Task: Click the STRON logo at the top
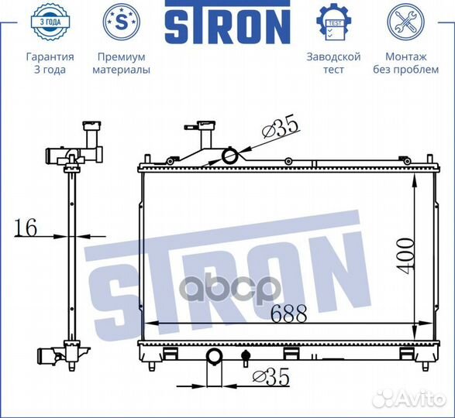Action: click(x=226, y=25)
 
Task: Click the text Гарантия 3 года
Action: click(x=50, y=63)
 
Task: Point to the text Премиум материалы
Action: click(x=121, y=63)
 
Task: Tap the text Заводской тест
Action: click(x=333, y=63)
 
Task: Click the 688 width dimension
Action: click(x=289, y=313)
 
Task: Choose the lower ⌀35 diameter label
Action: click(x=272, y=377)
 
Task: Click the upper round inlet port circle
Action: click(x=231, y=156)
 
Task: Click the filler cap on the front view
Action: click(x=206, y=126)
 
